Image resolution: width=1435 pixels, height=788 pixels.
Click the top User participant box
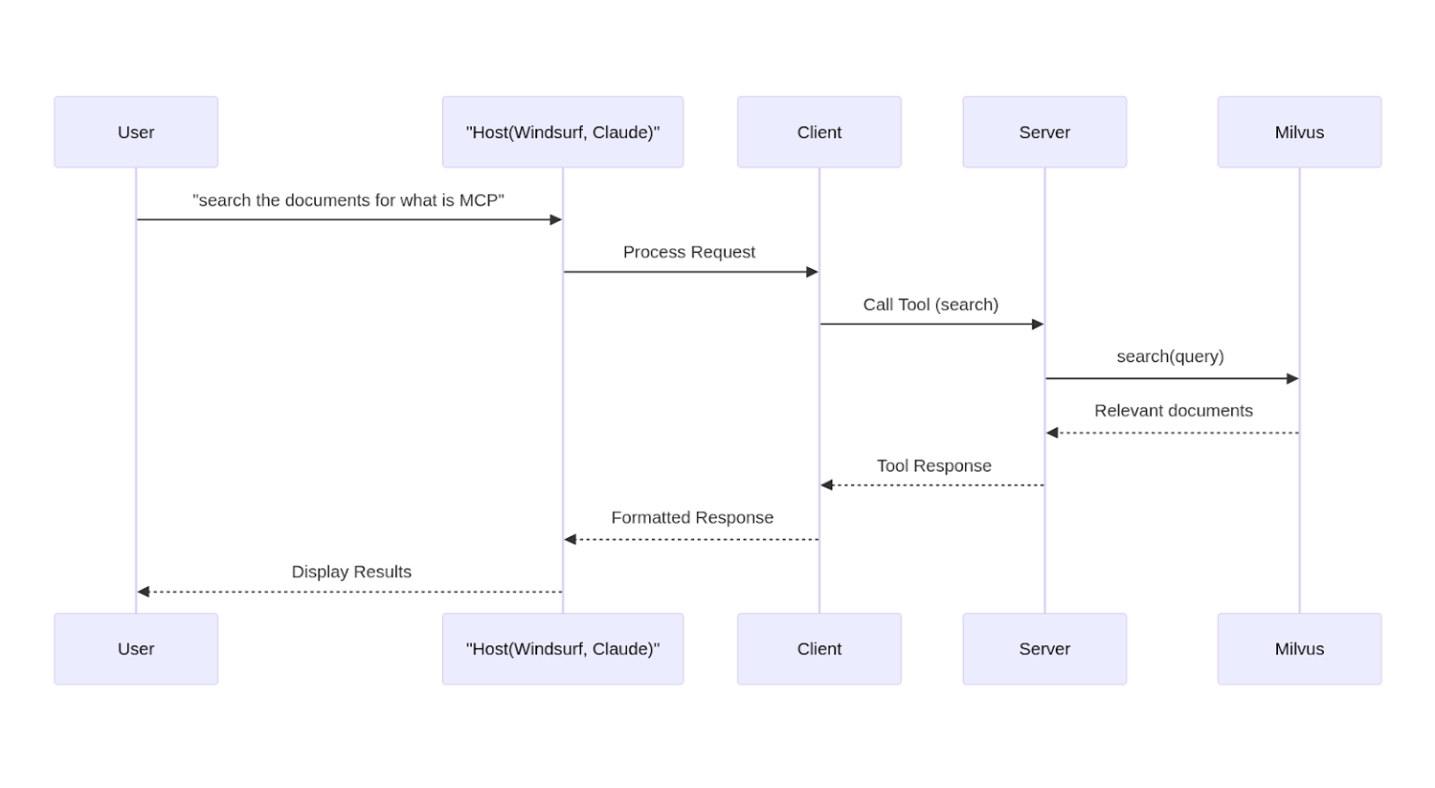[x=135, y=132]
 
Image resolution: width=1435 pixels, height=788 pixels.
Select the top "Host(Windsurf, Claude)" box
[x=562, y=132]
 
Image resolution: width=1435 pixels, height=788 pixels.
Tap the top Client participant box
[x=818, y=132]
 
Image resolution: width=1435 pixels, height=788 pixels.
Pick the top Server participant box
[x=1044, y=132]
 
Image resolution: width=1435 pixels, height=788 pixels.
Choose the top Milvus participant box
[x=1299, y=132]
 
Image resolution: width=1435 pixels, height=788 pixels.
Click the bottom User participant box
[x=135, y=648]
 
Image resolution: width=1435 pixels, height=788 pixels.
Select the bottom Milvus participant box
[x=1299, y=648]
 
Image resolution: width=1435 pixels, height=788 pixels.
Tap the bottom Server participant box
[x=1044, y=648]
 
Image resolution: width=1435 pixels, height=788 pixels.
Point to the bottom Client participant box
[x=818, y=648]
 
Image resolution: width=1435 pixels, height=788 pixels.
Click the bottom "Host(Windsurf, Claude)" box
[x=562, y=648]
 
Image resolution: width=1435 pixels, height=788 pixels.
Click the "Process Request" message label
[x=689, y=252]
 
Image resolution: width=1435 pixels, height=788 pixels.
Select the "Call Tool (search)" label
[x=931, y=304]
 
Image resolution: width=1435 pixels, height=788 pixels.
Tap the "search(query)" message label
[x=1170, y=357]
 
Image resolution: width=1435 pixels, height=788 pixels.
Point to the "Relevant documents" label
[x=1173, y=411]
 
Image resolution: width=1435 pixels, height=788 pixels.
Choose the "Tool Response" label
[x=933, y=466]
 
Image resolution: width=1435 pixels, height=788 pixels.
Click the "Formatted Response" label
[x=691, y=517]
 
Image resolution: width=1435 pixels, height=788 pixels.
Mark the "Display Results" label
[x=351, y=571]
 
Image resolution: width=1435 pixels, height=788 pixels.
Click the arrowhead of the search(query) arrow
[x=1292, y=378]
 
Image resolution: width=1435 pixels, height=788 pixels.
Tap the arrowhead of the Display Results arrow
[x=144, y=592]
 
